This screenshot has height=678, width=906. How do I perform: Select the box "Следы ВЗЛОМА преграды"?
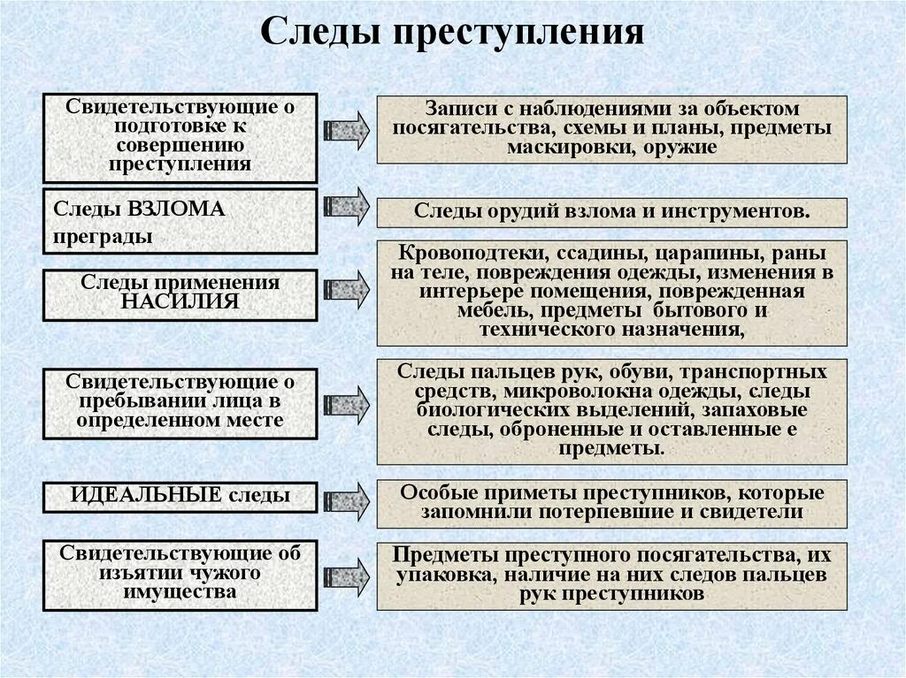(x=180, y=222)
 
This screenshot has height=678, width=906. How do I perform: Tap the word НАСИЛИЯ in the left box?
(x=180, y=301)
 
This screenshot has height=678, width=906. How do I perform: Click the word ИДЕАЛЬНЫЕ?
(x=146, y=495)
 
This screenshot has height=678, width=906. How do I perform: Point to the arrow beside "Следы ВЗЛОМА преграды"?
(x=346, y=205)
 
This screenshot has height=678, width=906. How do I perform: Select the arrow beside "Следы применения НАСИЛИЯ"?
(x=346, y=289)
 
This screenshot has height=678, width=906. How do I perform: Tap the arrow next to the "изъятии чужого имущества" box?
(x=346, y=573)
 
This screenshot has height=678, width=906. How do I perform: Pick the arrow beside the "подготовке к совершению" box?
(x=346, y=130)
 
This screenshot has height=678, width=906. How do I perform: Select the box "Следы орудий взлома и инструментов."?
(x=611, y=213)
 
